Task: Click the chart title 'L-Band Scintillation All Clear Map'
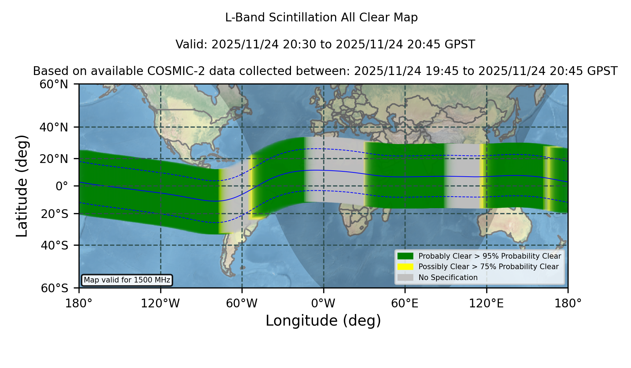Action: click(x=321, y=18)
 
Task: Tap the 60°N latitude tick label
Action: click(x=54, y=84)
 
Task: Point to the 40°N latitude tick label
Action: click(x=54, y=127)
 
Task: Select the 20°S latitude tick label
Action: click(x=54, y=213)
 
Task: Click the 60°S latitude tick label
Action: click(x=54, y=288)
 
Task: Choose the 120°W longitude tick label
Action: click(x=160, y=303)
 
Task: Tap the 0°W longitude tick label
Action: click(x=323, y=303)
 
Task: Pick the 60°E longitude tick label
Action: click(x=405, y=303)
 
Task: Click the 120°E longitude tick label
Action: click(x=486, y=303)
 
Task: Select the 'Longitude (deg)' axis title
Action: click(x=323, y=321)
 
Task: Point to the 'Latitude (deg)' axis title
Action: click(x=22, y=186)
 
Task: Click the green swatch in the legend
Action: click(x=406, y=256)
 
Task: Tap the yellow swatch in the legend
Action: click(x=406, y=267)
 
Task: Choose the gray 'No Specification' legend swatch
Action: click(x=406, y=278)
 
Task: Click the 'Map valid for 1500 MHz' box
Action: click(x=127, y=280)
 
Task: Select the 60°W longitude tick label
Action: click(x=242, y=303)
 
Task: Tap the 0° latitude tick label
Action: click(x=62, y=186)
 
